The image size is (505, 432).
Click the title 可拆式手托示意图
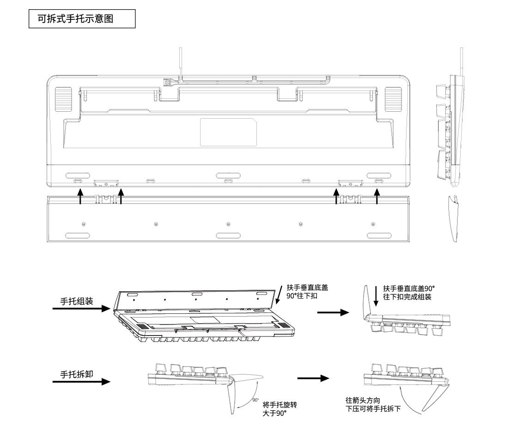(82, 20)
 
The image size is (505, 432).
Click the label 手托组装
(77, 301)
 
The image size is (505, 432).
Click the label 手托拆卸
(77, 373)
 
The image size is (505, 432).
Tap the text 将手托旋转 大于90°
(279, 409)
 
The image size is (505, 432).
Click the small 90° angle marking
(256, 400)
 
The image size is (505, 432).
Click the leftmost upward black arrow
(80, 196)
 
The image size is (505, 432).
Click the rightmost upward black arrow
(377, 196)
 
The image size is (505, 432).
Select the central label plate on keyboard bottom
(228, 132)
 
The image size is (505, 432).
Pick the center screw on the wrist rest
(228, 224)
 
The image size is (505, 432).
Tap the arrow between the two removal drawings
(313, 378)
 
